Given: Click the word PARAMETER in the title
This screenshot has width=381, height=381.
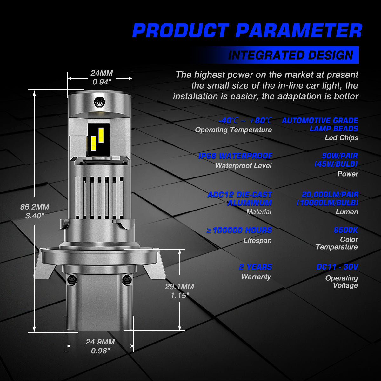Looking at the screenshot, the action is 299,30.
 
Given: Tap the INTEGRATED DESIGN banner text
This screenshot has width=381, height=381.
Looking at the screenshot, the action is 291,55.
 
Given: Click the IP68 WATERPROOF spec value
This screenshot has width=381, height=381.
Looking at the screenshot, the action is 235,156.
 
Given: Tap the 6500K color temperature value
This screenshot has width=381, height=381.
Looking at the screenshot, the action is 346,230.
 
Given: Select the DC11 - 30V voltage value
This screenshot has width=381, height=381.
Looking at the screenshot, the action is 337,267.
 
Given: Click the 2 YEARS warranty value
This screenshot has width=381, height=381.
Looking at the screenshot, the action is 256,267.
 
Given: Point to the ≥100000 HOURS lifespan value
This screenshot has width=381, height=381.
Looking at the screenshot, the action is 239,230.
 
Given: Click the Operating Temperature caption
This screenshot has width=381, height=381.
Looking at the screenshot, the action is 233,130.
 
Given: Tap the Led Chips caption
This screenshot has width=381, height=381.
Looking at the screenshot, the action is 341,137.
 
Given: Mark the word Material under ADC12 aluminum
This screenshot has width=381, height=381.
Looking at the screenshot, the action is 259,212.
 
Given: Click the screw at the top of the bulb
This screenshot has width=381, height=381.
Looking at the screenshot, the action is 100,103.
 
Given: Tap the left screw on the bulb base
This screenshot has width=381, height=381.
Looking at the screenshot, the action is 71,279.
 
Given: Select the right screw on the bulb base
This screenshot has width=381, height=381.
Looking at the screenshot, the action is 127,279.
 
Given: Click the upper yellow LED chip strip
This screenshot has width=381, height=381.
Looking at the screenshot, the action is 101,135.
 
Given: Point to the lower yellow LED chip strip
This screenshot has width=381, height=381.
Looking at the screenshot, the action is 94,143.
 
